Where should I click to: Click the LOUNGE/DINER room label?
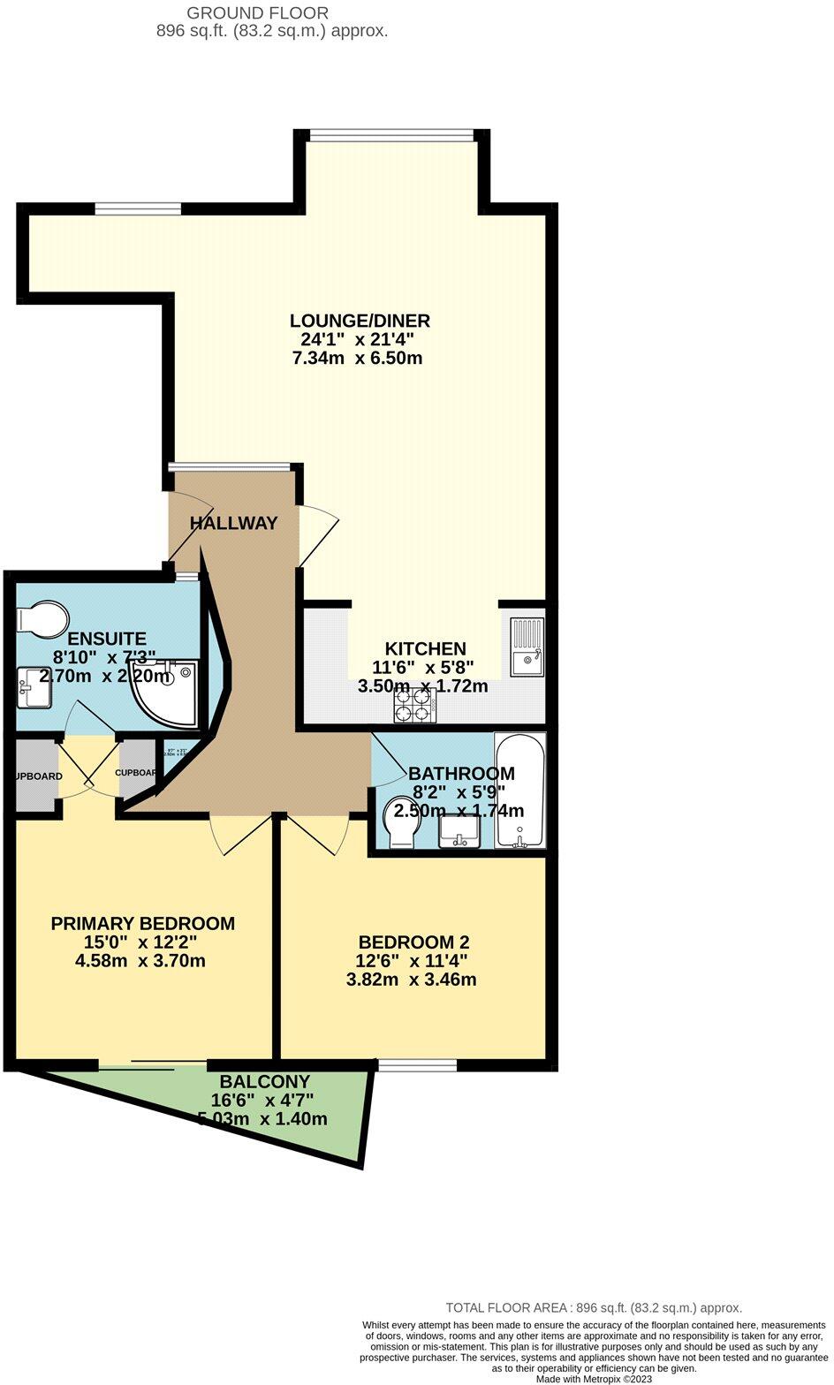point(360,321)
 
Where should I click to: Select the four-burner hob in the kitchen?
point(413,703)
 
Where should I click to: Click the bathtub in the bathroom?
point(519,791)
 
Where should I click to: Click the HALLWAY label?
point(233,523)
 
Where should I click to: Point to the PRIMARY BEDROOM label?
point(142,924)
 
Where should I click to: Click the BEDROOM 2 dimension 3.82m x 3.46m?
point(413,980)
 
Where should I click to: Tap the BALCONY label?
point(264,1081)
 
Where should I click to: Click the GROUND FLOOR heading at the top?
point(258,13)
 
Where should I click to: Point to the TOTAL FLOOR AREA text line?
point(594,1308)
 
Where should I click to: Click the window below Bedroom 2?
point(417,1065)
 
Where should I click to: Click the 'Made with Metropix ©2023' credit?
point(594,1379)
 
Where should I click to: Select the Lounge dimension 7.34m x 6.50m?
point(356,359)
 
